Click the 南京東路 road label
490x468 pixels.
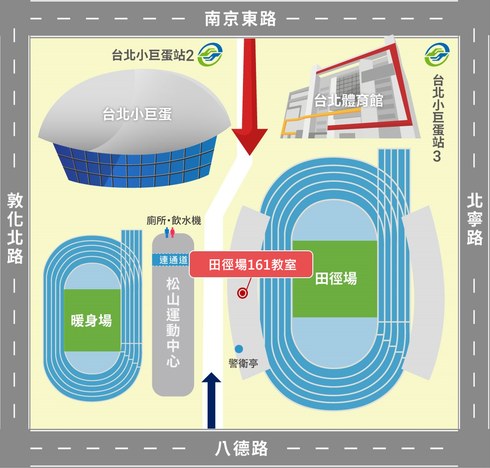point(241,19)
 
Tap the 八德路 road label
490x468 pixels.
point(242,448)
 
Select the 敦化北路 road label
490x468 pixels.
point(15,228)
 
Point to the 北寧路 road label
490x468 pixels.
point(475,219)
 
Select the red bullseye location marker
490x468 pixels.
point(243,293)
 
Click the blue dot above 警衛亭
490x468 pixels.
point(239,348)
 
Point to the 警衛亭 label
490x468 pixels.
point(243,363)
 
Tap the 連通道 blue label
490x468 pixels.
point(173,260)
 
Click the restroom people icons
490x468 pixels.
point(170,232)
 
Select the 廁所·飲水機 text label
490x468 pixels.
point(174,220)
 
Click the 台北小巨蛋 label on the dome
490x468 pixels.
point(137,115)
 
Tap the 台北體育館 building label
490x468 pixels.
point(349,101)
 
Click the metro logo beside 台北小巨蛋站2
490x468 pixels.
point(210,55)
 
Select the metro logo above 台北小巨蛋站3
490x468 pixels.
point(437,55)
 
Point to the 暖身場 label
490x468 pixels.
point(91,321)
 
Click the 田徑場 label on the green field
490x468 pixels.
point(336,279)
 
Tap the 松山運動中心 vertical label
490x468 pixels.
point(173,322)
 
